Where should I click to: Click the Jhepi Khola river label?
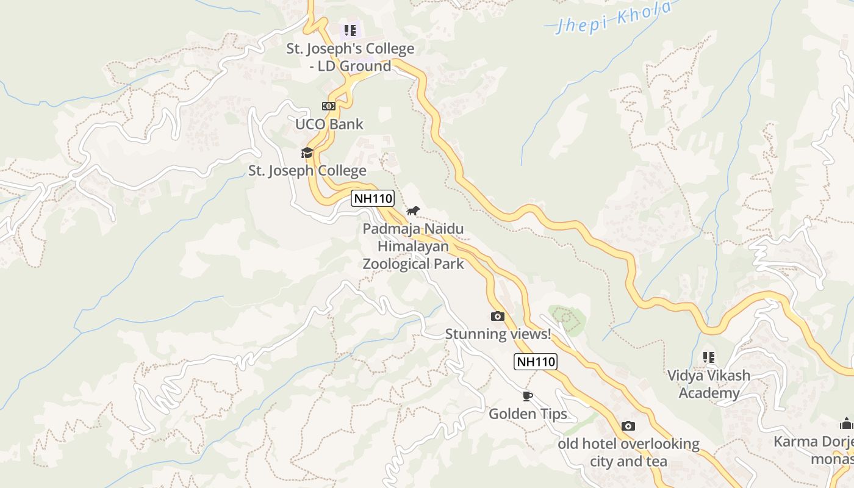coord(614,17)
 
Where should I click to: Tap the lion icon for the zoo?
coord(413,211)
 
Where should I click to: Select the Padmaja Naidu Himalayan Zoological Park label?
coord(413,246)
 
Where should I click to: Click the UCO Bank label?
coord(329,124)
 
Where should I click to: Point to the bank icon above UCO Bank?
coord(329,106)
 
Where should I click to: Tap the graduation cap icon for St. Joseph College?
coord(307,152)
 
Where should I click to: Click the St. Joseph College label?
coord(307,171)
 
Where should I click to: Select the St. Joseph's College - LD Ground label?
coord(350,57)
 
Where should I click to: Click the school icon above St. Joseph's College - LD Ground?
coord(350,30)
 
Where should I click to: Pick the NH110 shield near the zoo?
coord(373,198)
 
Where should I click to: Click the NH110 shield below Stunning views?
coord(536,362)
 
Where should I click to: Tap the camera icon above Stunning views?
coord(498,316)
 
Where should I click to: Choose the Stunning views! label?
coord(498,334)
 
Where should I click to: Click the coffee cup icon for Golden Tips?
coord(528,396)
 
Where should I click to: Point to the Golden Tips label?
coord(528,414)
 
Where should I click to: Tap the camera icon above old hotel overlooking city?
coord(628,426)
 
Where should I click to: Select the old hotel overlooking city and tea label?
coord(628,453)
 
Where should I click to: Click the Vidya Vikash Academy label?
coord(709,384)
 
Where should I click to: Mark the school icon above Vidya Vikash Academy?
coord(708,357)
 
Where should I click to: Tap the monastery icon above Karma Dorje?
coord(846,423)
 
